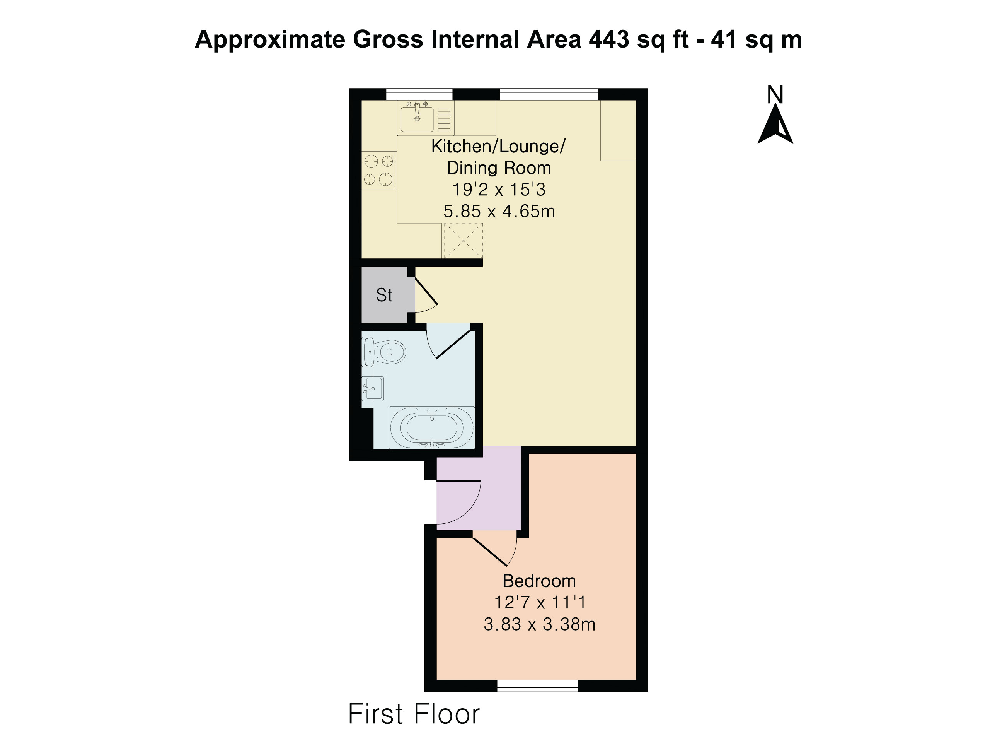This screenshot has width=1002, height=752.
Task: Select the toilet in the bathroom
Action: click(x=384, y=352)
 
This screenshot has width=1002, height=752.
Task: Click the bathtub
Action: click(x=432, y=427)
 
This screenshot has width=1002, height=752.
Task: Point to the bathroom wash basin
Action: click(x=373, y=388)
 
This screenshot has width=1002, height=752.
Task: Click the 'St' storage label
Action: click(x=384, y=295)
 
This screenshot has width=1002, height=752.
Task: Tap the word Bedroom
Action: click(x=539, y=581)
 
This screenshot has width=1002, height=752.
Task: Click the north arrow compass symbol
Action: click(x=775, y=124)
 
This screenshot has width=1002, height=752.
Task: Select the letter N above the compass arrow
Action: click(x=775, y=94)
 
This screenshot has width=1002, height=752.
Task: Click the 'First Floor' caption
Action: click(x=414, y=714)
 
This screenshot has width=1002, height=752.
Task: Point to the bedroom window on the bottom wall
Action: click(x=538, y=685)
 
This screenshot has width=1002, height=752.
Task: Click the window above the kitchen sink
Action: click(x=419, y=94)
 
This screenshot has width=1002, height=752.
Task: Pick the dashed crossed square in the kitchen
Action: click(x=463, y=241)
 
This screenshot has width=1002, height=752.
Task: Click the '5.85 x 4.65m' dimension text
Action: click(x=499, y=211)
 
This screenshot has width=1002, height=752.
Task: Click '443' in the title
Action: click(x=609, y=39)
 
